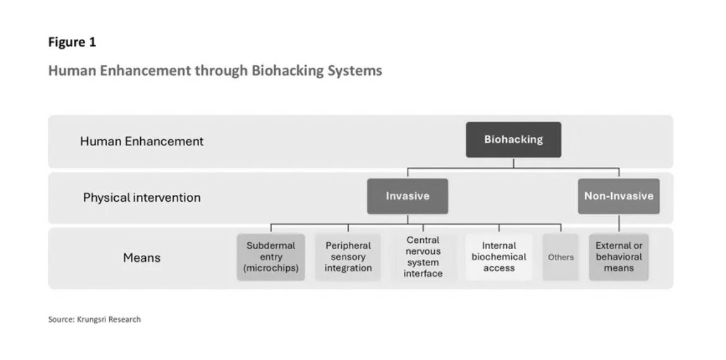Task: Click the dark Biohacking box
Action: [x=513, y=139]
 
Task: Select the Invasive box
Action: [x=407, y=196]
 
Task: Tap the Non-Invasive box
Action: [x=618, y=196]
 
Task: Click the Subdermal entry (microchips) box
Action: [x=271, y=257]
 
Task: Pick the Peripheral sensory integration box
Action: [x=348, y=257]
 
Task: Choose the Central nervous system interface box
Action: [x=423, y=257]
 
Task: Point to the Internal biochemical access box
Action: [x=499, y=257]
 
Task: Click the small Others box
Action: [x=560, y=257]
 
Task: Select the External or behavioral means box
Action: [x=619, y=257]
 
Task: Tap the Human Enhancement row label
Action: [x=141, y=142]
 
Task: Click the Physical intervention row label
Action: [x=141, y=198]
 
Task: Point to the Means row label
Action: [x=141, y=258]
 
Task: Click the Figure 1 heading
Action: [x=72, y=43]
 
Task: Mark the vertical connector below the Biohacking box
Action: [x=513, y=163]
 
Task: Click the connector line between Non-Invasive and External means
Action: [x=619, y=223]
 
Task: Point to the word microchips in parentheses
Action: [x=273, y=269]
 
